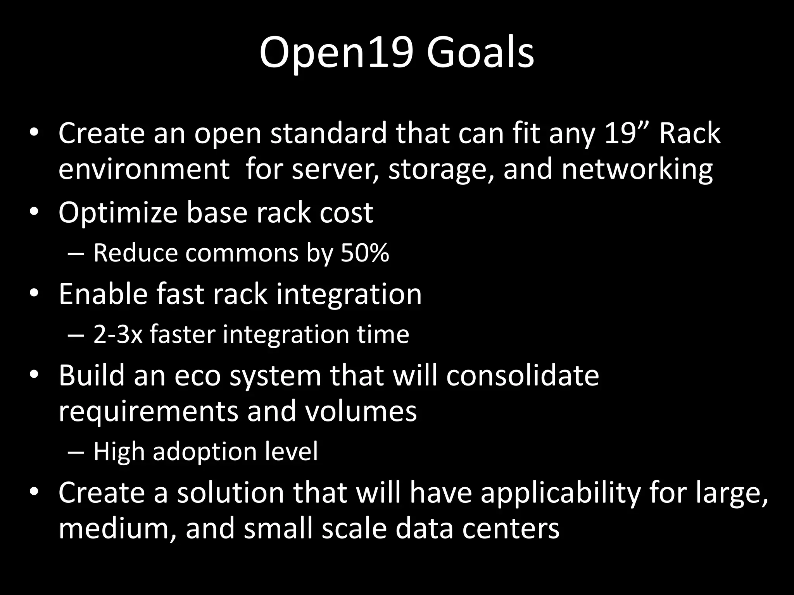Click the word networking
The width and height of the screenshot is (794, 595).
coord(637,169)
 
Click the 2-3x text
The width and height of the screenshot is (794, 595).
coord(118,334)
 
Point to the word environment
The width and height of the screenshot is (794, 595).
coord(144,169)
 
